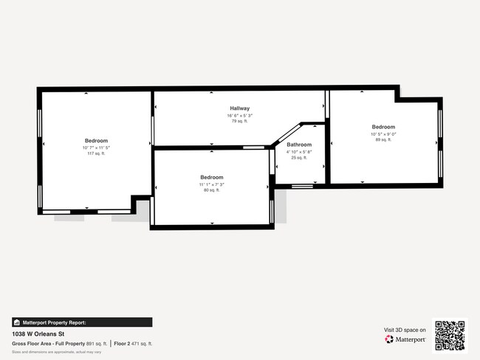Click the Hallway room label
tap(239, 108)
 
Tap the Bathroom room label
tap(299, 145)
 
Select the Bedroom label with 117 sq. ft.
tap(96, 141)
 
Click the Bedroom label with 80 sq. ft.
tap(212, 178)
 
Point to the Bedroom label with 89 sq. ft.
tap(383, 127)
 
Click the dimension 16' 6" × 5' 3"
tap(239, 116)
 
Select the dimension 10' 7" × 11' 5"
tap(96, 148)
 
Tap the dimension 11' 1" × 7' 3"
tap(212, 184)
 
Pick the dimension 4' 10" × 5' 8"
tap(299, 151)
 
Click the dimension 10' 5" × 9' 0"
tap(383, 134)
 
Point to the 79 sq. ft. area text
tap(239, 122)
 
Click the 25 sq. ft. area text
tap(299, 157)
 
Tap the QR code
tap(450, 335)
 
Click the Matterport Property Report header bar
tap(81, 322)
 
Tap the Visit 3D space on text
tap(405, 330)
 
